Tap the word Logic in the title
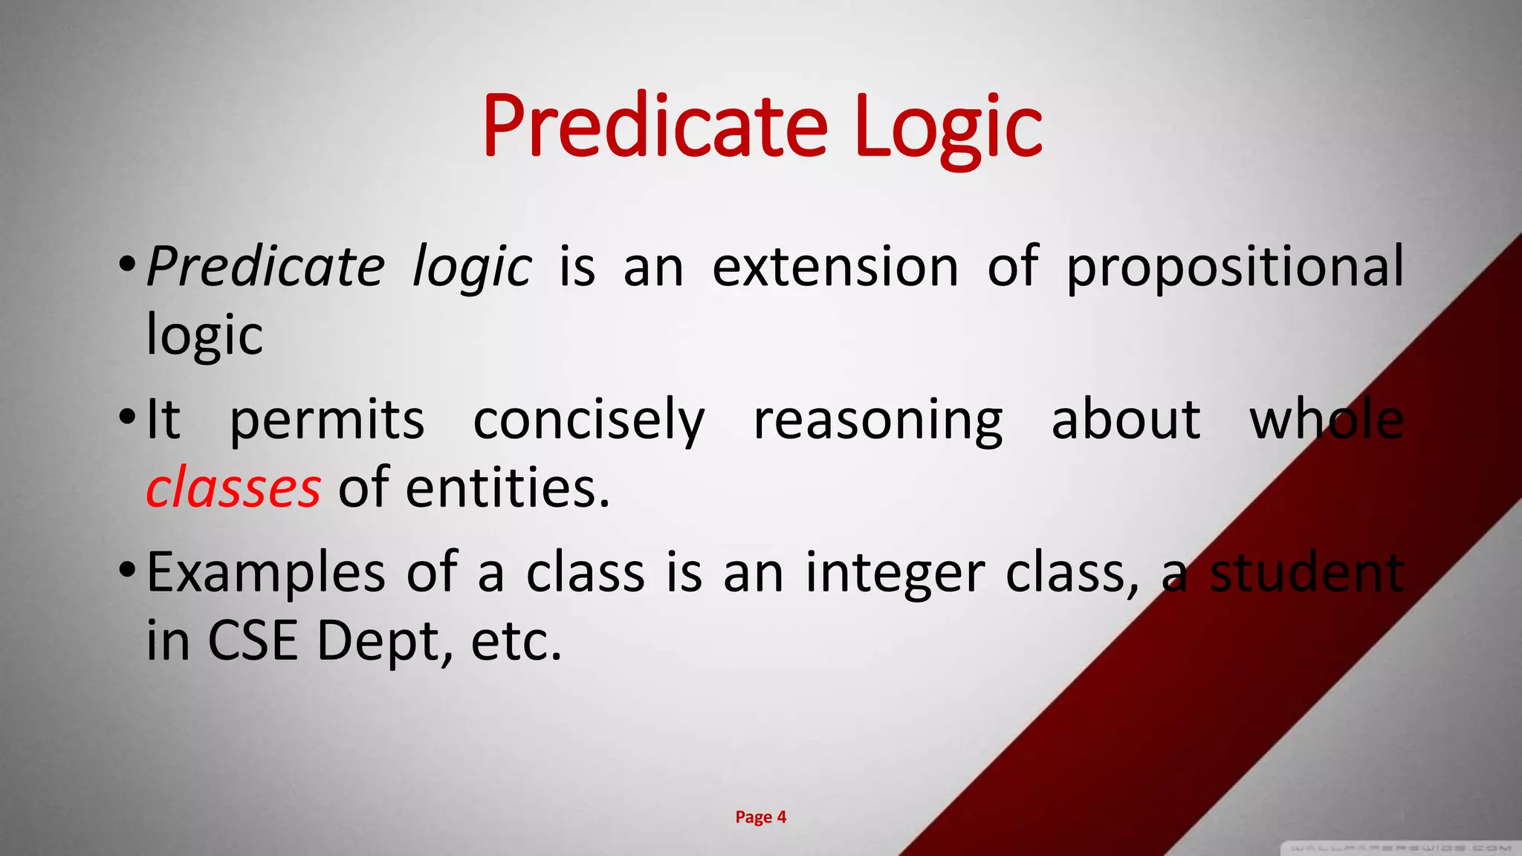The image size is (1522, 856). point(948,128)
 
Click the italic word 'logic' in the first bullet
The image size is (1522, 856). point(472,267)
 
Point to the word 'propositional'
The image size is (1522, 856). point(1235,267)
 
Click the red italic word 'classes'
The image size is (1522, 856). point(233,489)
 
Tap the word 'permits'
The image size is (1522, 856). point(327,421)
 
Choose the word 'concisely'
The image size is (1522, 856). point(589,421)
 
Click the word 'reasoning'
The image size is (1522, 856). point(878,421)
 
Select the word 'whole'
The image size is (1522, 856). point(1327,419)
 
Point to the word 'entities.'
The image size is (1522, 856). point(508,489)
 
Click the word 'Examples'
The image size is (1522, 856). point(266,574)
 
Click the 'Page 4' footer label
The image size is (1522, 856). point(760,817)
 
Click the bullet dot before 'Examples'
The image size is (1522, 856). point(127,571)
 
